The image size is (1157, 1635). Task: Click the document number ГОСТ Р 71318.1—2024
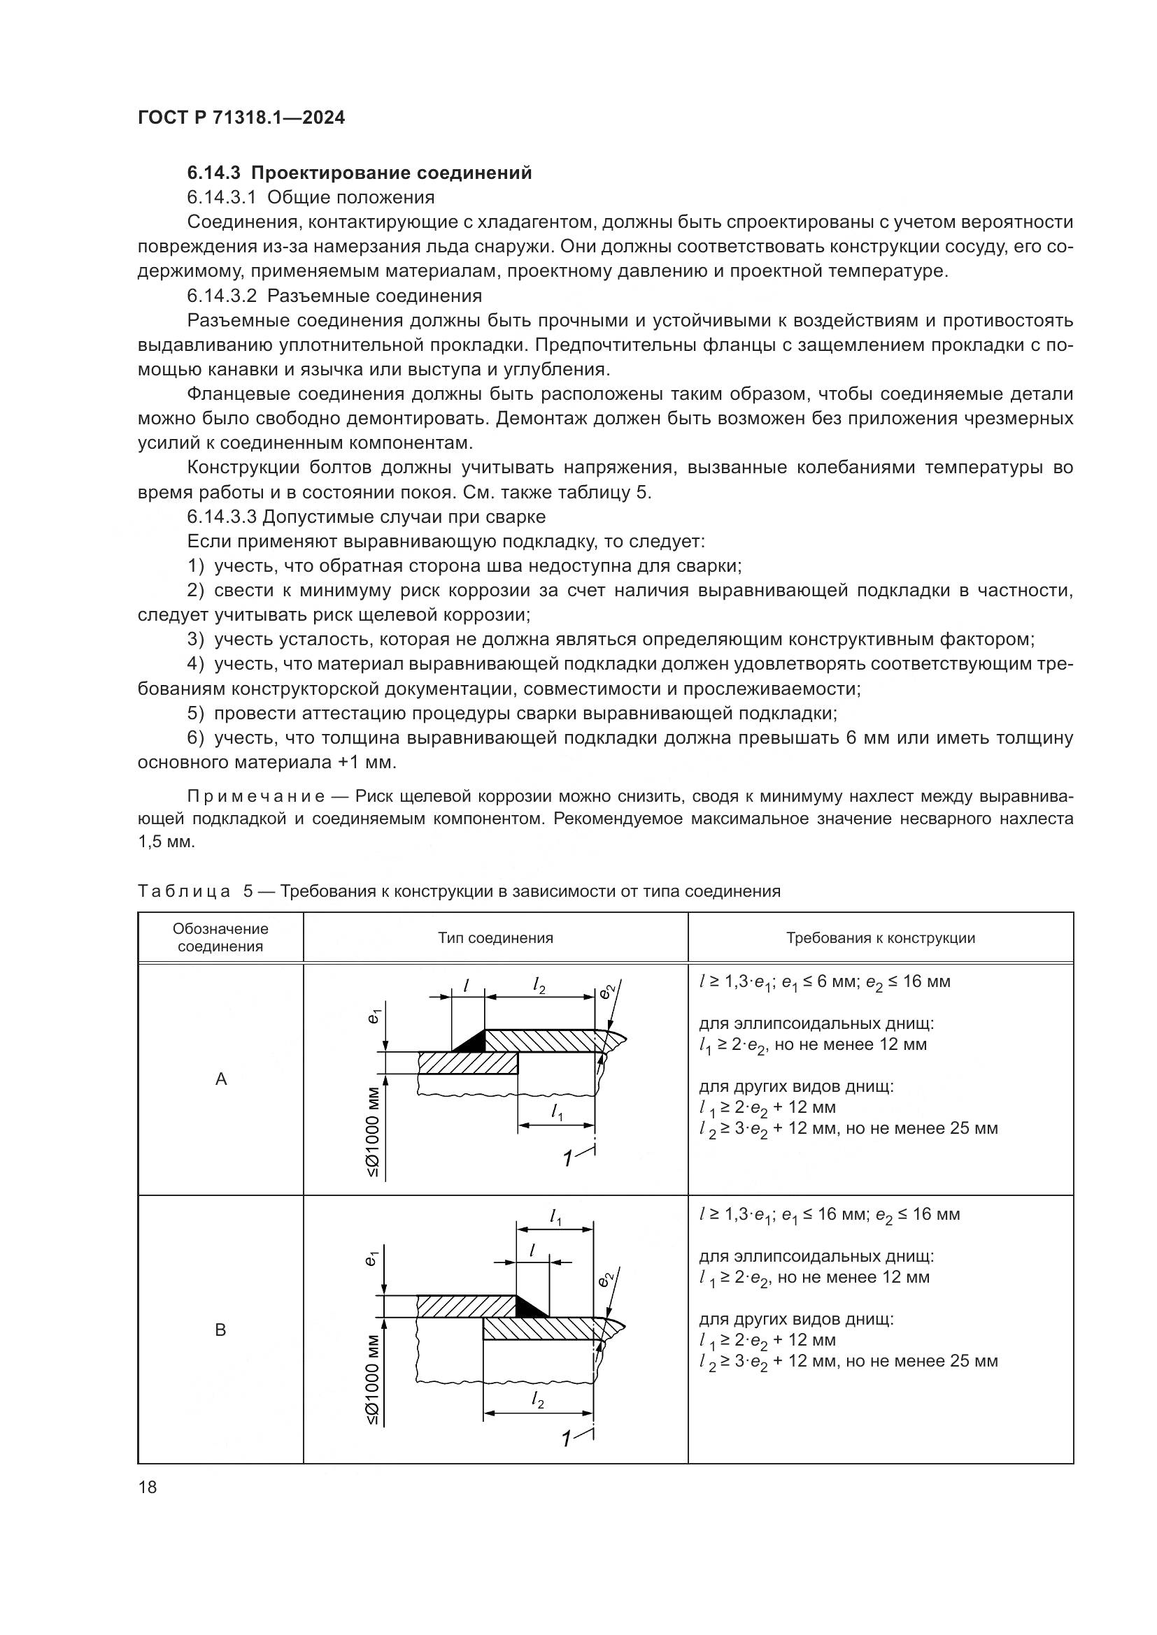241,118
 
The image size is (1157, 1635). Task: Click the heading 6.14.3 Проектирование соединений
359,173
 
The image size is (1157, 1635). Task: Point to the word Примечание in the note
256,795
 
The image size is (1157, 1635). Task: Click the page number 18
148,1487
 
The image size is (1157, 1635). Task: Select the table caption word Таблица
184,891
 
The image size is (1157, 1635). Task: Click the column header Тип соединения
495,938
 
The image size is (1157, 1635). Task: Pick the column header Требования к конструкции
880,938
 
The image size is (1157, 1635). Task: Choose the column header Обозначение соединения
220,938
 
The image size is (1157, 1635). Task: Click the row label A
221,1079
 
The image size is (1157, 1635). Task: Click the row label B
221,1330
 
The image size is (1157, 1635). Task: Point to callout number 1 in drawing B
567,1439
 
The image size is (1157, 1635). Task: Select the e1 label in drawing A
374,1016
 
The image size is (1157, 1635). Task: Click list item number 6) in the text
195,737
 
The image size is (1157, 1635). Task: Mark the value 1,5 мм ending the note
166,842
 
